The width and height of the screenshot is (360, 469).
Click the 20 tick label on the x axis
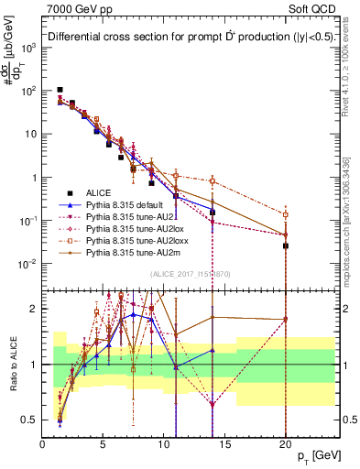tap(286, 442)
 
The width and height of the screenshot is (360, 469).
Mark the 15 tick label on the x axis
tap(224, 442)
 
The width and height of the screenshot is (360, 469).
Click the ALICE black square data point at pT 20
tap(286, 245)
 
